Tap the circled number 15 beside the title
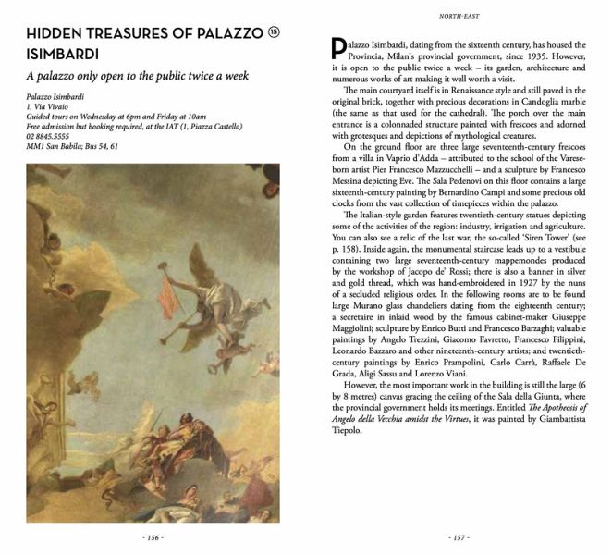tap(273, 32)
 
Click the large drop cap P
tap(337, 48)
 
